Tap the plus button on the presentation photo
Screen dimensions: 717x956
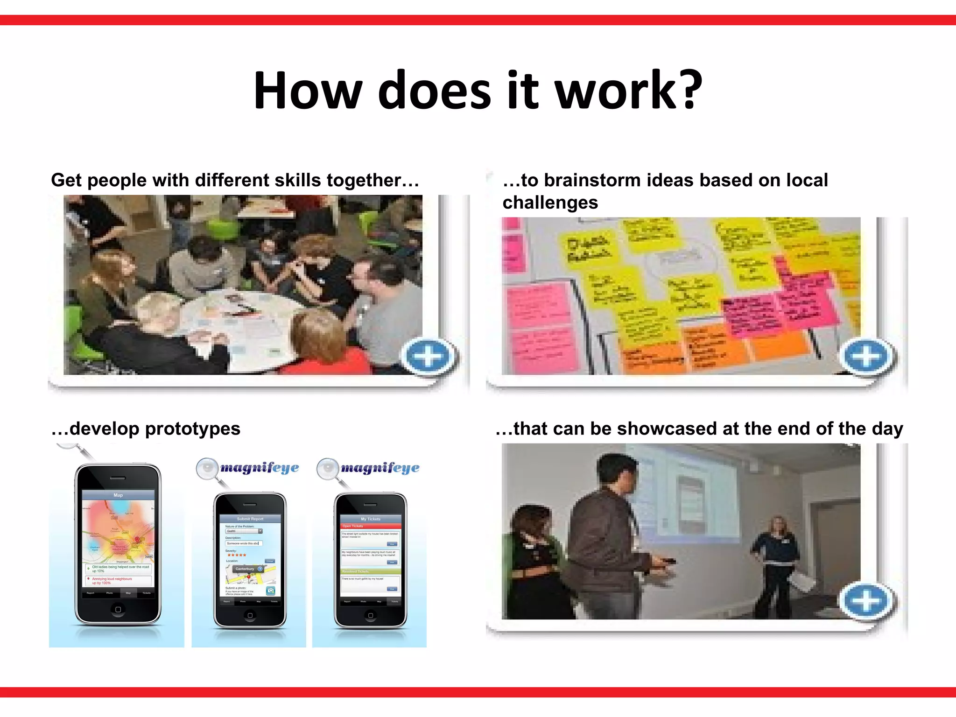866,600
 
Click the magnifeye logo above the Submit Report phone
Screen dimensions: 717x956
259,468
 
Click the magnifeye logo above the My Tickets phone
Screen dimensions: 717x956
380,468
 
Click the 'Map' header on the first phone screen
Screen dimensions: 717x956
118,495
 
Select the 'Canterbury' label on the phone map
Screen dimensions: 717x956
245,569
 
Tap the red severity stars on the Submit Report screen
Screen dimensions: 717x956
237,555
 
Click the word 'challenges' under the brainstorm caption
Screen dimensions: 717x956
550,203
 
